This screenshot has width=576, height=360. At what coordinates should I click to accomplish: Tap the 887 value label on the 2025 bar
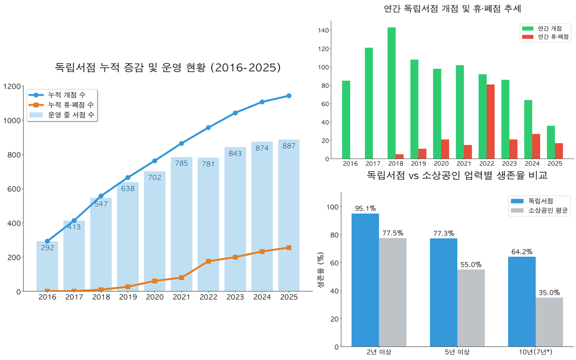point(288,146)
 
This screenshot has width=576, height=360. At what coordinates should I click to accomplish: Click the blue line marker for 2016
point(47,241)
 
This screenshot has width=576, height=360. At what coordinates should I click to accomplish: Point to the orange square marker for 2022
point(208,261)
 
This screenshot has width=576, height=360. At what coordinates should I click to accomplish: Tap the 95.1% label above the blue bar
point(365,208)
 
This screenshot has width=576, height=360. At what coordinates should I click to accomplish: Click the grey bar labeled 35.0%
point(549,322)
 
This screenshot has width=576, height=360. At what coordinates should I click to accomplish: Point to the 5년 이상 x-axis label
point(456,352)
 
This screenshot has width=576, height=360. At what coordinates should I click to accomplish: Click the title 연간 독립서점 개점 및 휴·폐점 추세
point(453,9)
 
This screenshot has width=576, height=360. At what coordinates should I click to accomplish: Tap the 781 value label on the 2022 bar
point(208,165)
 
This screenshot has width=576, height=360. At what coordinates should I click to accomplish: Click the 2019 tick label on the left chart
point(128,297)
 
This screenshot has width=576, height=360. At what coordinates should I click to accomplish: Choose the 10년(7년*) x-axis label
point(535,352)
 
